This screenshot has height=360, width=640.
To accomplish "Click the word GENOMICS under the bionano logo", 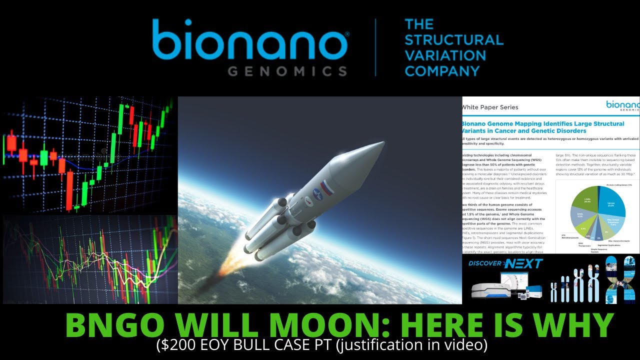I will pyautogui.click(x=287, y=70).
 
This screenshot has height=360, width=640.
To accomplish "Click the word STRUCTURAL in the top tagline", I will pyautogui.click(x=454, y=39).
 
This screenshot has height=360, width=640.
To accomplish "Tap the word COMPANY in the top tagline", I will pyautogui.click(x=442, y=70).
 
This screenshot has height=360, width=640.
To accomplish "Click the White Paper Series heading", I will pyautogui.click(x=489, y=107).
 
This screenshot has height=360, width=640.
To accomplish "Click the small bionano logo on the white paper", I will pyautogui.click(x=622, y=105).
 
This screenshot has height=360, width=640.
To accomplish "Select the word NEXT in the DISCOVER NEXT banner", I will pyautogui.click(x=523, y=263).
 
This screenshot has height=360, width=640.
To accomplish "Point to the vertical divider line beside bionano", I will pyautogui.click(x=375, y=47).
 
